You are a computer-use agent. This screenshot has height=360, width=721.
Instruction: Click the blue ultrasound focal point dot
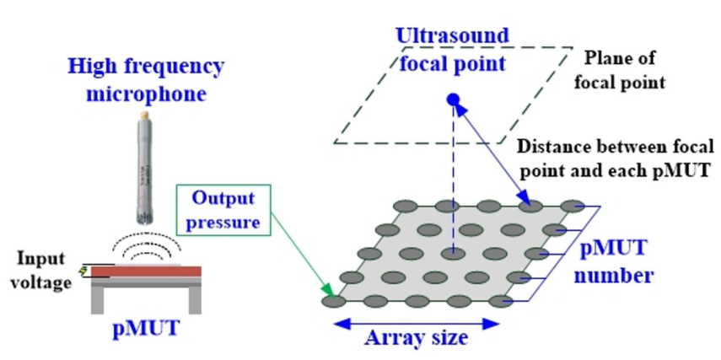tap(454, 100)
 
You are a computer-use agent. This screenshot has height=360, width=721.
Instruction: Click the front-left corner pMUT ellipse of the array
tap(332, 298)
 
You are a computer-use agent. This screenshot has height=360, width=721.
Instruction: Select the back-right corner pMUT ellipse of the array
tap(573, 205)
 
